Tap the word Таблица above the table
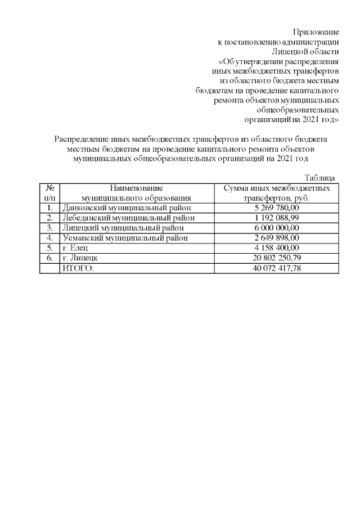320,177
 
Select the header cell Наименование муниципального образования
136,192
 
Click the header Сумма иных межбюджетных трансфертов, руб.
276,192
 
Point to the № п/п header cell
49,192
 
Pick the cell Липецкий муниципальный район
123,228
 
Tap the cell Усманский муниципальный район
125,238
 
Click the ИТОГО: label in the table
78,268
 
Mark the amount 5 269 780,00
276,208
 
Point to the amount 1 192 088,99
276,218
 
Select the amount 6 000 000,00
276,228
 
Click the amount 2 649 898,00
276,238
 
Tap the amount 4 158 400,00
276,248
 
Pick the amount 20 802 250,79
276,258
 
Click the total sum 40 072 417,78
276,268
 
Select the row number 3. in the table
49,228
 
